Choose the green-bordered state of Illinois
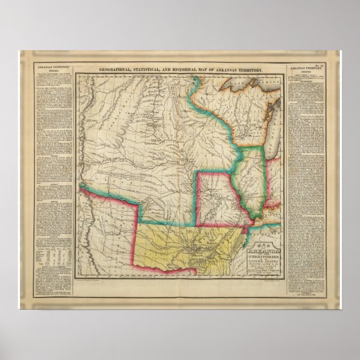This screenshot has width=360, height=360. tap(251, 179)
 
